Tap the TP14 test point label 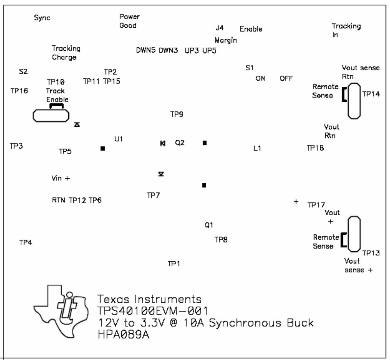click(x=371, y=94)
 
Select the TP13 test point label click(x=371, y=253)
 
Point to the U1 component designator click(x=119, y=139)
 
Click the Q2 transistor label click(x=179, y=143)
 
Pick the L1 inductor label click(x=257, y=148)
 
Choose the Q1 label click(x=209, y=225)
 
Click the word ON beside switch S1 click(x=260, y=78)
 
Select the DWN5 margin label click(x=146, y=50)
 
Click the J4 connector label click(x=220, y=28)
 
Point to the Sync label click(x=42, y=18)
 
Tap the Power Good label click(x=129, y=21)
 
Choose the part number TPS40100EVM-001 click(x=152, y=311)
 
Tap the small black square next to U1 click(x=103, y=149)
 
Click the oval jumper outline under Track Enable click(x=51, y=115)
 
